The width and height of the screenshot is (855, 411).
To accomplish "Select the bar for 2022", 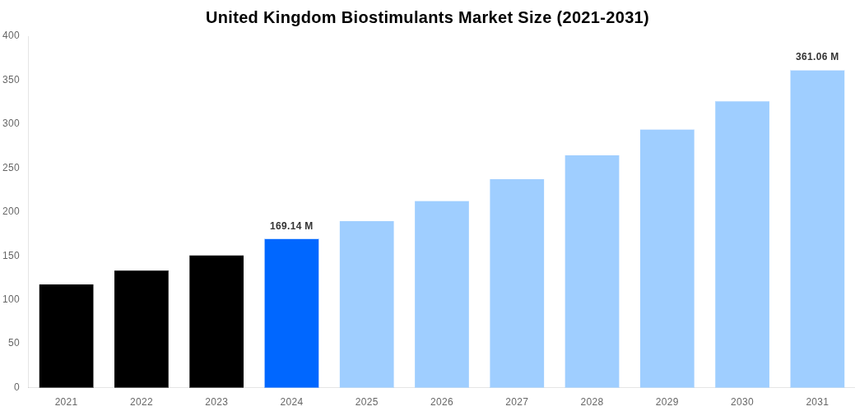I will (142, 329).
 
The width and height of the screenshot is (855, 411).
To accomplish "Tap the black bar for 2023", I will (216, 321).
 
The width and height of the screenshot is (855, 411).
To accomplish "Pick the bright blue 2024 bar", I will (291, 313).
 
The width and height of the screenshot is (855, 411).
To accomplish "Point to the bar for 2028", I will (592, 271).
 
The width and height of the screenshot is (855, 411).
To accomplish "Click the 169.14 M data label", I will (291, 226).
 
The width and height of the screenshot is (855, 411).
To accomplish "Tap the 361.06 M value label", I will (817, 57).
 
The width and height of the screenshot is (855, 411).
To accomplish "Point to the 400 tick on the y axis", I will (11, 35).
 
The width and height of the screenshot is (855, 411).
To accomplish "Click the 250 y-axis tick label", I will (11, 168).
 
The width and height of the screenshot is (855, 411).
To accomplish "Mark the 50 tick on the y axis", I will (14, 343).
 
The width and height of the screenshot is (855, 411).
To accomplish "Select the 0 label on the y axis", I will (16, 387).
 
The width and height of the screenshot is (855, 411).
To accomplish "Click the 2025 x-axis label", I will (367, 402).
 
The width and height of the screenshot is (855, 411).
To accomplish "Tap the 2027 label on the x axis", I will (517, 402).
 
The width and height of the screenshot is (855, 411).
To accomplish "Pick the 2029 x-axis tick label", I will (667, 402).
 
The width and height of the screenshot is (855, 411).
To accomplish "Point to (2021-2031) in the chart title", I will (602, 17).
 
